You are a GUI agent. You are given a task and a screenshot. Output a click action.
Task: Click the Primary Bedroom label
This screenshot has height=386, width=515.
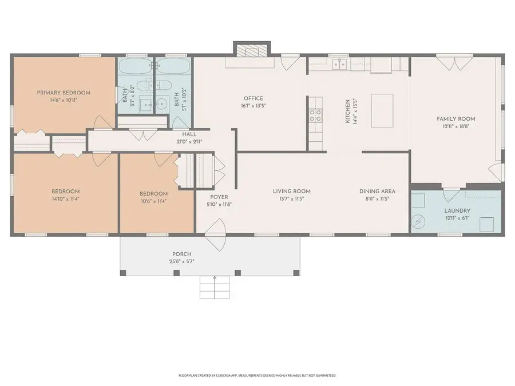[64, 93]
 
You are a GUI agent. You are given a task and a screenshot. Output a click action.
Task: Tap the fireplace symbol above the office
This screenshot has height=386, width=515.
[250, 51]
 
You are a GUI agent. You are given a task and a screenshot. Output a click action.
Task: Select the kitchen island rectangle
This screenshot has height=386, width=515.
[383, 110]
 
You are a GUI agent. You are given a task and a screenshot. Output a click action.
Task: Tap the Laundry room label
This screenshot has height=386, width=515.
[457, 210]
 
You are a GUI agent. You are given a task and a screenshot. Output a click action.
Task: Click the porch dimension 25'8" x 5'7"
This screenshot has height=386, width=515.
[181, 261]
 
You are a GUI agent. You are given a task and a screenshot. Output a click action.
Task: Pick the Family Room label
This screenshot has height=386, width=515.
[456, 119]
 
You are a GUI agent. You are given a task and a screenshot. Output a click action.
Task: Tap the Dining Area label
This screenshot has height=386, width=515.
[377, 191]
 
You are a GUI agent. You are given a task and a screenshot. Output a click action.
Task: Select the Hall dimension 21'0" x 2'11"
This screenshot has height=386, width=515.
[188, 142]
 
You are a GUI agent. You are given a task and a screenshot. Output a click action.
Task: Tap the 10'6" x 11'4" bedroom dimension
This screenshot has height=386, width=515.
[154, 201]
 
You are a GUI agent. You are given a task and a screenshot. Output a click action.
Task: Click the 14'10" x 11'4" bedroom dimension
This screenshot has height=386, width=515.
[66, 199]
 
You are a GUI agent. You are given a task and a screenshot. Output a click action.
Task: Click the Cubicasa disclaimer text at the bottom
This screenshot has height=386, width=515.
[257, 376]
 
